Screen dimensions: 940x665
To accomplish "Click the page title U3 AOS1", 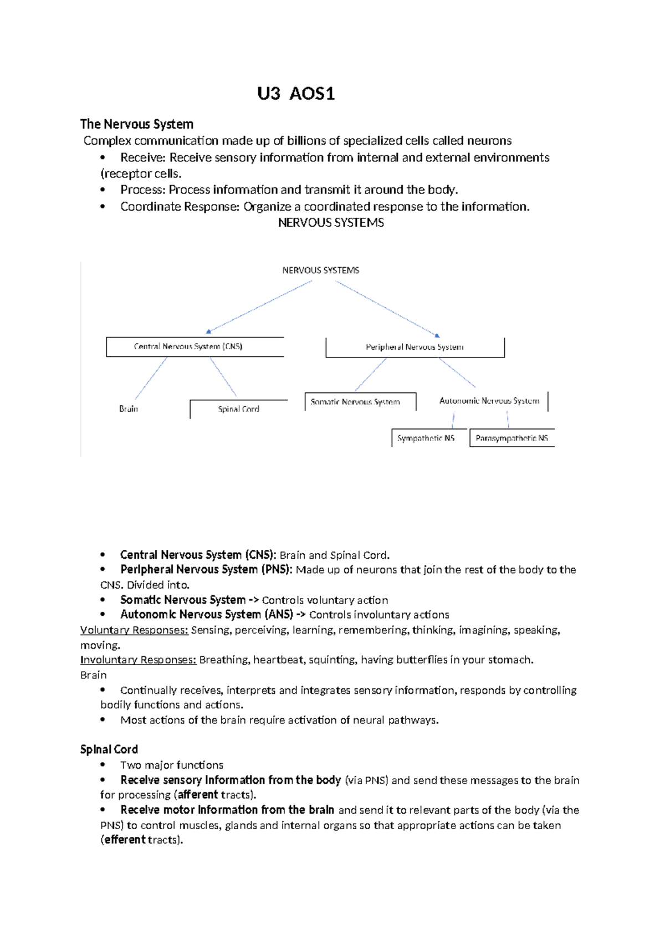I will pyautogui.click(x=296, y=94).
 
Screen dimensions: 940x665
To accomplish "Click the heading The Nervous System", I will pyautogui.click(x=137, y=124).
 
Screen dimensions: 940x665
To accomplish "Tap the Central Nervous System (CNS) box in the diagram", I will pyautogui.click(x=188, y=346).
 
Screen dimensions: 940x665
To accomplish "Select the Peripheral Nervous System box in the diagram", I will pyautogui.click(x=415, y=347).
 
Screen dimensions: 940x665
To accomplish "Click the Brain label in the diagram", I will pyautogui.click(x=129, y=408).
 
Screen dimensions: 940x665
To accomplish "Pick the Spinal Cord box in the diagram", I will pyautogui.click(x=238, y=409).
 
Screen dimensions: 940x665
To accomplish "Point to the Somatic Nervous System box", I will pyautogui.click(x=355, y=402).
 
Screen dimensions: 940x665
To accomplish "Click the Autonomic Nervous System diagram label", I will pyautogui.click(x=489, y=401).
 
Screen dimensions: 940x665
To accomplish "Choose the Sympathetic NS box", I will pyautogui.click(x=426, y=438).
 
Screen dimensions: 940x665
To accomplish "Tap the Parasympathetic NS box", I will pyautogui.click(x=511, y=438).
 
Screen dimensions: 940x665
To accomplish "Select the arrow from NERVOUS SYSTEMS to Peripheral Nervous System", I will pyautogui.click(x=387, y=308).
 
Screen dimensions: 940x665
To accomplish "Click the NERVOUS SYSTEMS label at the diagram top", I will pyautogui.click(x=320, y=270).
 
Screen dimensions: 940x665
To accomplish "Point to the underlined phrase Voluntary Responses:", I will pyautogui.click(x=135, y=630).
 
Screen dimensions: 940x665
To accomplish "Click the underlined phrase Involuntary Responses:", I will pyautogui.click(x=139, y=660).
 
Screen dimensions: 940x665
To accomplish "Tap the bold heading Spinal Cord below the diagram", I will pyautogui.click(x=109, y=749).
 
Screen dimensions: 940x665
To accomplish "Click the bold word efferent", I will pyautogui.click(x=125, y=840).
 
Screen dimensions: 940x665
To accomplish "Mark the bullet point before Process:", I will pyautogui.click(x=103, y=190).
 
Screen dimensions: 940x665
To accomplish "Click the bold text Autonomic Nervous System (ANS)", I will pyautogui.click(x=207, y=615).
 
